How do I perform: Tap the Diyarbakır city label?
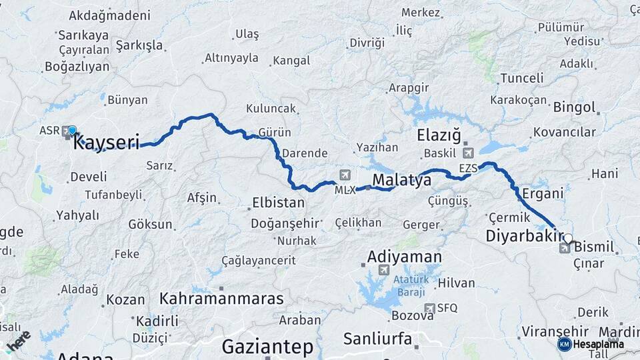[x=520, y=236]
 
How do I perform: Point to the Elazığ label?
[x=439, y=136]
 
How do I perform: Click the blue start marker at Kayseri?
[x=72, y=130]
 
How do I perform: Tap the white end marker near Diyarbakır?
[x=567, y=238]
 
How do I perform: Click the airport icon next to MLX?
[x=345, y=175]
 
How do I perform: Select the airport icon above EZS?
[x=468, y=153]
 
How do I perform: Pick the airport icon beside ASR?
[x=67, y=132]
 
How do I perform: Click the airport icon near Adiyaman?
[x=383, y=270]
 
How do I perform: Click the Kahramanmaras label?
[x=221, y=298]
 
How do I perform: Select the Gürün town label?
[x=275, y=131]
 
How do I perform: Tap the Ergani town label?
[x=543, y=193]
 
